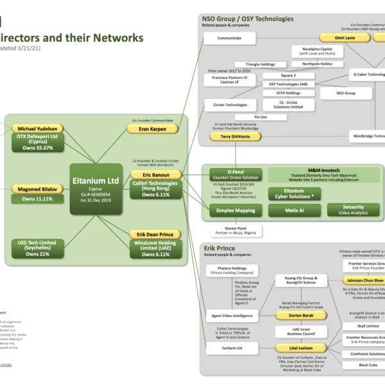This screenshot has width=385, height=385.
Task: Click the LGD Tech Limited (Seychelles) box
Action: tap(37, 248)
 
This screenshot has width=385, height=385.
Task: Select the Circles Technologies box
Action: tap(226, 105)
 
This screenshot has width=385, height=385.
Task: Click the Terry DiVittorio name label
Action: tap(225, 137)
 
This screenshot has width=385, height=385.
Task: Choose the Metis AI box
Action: tap(295, 210)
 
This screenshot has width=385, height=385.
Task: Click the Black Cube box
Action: tap(368, 365)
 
